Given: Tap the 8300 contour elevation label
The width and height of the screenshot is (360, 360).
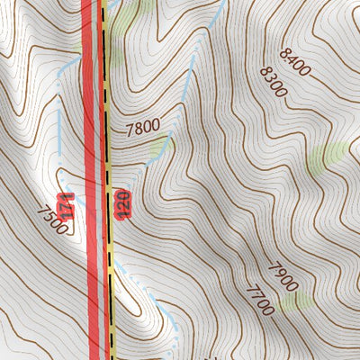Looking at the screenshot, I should click(x=273, y=82).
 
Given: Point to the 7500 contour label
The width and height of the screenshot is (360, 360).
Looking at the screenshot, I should click(x=52, y=219).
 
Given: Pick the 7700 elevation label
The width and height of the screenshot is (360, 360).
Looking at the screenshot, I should click(x=258, y=298).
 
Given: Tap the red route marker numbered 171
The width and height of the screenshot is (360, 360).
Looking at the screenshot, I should click(x=64, y=207).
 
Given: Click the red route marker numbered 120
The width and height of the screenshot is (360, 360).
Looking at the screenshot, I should click(x=121, y=204).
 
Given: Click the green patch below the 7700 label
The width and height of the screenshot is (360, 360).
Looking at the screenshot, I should click(x=292, y=303).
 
